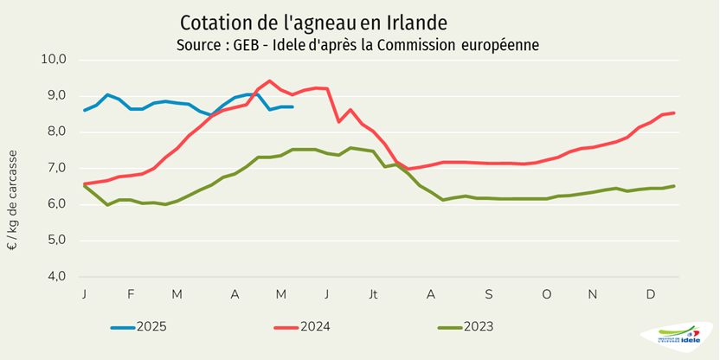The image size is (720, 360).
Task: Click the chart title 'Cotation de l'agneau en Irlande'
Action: (x=314, y=21)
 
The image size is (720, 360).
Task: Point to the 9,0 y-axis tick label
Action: (x=57, y=96)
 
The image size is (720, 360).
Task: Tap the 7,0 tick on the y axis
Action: (x=57, y=168)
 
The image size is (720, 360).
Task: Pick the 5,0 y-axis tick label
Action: (x=57, y=241)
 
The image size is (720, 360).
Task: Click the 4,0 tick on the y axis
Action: (x=57, y=277)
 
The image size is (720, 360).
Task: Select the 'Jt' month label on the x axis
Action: (x=373, y=295)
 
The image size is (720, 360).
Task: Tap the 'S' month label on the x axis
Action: (x=488, y=295)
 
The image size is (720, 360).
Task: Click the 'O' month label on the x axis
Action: (x=546, y=295)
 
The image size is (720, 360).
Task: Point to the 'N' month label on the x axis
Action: (x=593, y=295)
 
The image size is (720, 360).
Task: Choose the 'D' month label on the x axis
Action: (x=651, y=295)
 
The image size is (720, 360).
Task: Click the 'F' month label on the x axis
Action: (x=131, y=295)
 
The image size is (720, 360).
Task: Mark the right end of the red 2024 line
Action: (x=674, y=112)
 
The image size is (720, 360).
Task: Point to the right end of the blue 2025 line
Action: (x=292, y=106)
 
